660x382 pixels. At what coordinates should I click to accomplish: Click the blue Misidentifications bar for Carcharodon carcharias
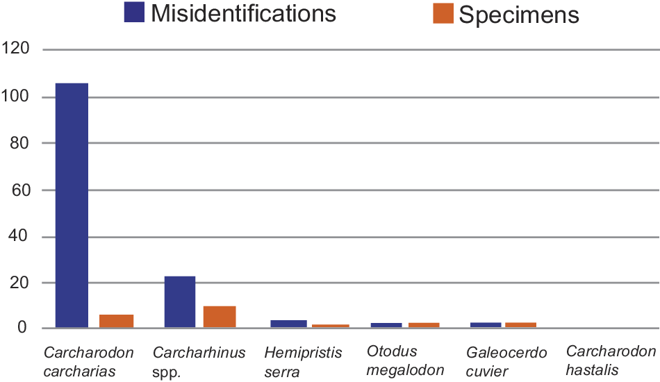click(72, 205)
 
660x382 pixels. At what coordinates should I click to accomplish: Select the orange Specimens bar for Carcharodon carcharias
click(116, 321)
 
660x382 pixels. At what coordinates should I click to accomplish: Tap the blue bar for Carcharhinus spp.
click(180, 301)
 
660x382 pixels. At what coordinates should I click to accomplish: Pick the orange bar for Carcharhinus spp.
click(220, 317)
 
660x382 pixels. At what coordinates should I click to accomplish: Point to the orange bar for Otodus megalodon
click(424, 325)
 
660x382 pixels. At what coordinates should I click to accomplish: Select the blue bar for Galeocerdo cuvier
click(486, 325)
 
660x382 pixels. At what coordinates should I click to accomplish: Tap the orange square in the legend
click(443, 13)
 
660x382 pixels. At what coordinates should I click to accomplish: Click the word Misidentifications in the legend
click(243, 13)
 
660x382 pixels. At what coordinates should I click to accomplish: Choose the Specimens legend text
click(519, 15)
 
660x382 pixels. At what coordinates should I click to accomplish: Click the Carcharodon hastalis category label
click(611, 361)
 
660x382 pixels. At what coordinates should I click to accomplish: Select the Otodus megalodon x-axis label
click(405, 361)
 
